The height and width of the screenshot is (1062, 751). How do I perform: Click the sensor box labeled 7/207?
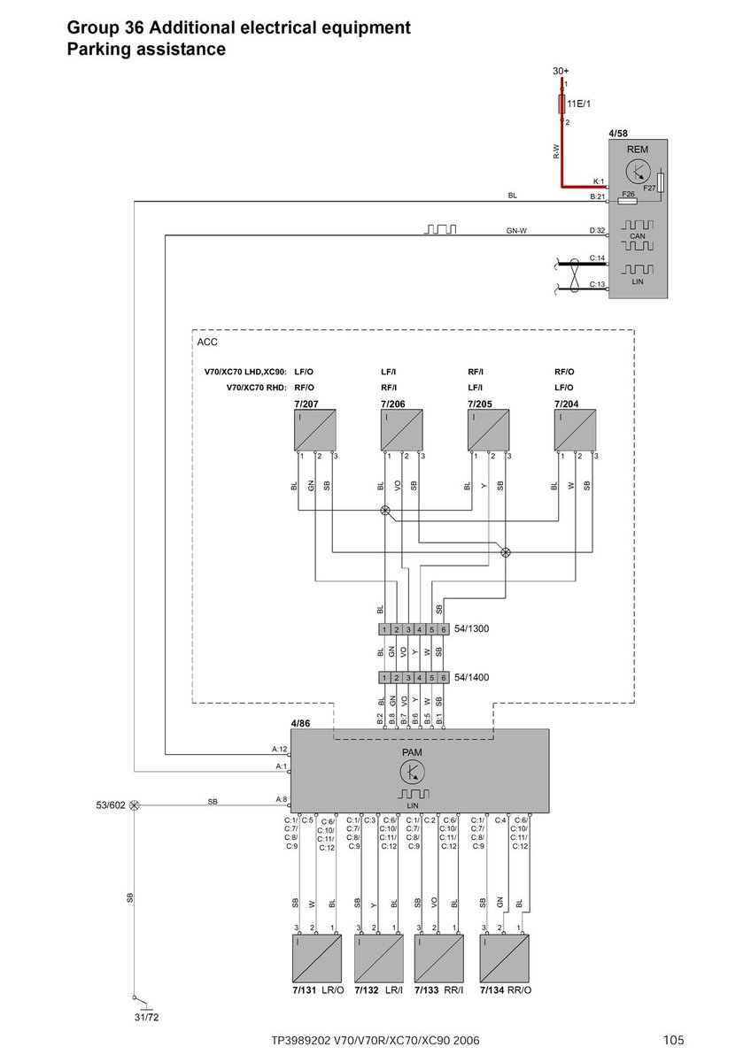314,431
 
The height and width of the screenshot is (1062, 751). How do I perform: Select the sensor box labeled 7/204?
575,431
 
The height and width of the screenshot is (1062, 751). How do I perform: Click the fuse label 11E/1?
581,104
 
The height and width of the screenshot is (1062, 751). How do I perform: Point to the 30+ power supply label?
561,70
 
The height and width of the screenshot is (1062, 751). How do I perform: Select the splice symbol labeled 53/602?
135,806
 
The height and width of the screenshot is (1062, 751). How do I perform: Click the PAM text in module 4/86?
412,751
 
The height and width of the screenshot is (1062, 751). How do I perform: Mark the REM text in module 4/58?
638,150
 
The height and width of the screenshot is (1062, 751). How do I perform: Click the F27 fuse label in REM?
649,188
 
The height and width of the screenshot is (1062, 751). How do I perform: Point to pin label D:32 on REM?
597,231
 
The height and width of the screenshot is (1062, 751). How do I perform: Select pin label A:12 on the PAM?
279,749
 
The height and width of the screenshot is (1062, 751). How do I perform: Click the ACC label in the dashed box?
207,342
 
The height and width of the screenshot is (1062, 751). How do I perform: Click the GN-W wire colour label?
516,231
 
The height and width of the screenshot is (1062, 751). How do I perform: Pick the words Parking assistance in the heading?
146,50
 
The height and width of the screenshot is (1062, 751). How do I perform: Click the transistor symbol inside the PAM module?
412,772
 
